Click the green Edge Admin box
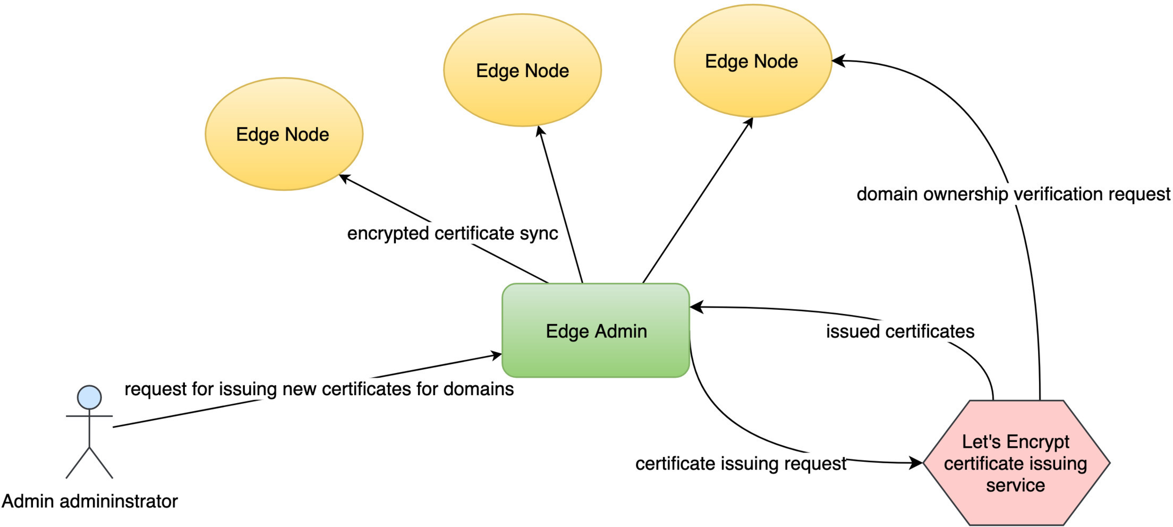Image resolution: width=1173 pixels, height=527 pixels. coord(596,331)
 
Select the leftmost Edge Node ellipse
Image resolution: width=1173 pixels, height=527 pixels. coord(284,134)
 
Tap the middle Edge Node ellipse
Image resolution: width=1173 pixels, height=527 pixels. coord(522,71)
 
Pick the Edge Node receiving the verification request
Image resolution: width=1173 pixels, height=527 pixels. coord(752,61)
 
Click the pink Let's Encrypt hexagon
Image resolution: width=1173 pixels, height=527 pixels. coord(1016,463)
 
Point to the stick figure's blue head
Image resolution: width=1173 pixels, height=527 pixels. coord(89,397)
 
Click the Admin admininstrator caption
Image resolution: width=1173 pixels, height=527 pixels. coord(89,501)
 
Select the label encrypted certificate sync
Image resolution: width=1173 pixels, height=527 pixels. coord(452,233)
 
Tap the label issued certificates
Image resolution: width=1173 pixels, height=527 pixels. coord(900,331)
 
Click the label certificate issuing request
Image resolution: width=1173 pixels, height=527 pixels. coord(741,463)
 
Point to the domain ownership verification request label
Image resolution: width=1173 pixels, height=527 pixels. coord(1013,194)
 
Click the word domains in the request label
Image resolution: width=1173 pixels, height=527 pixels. coord(478,389)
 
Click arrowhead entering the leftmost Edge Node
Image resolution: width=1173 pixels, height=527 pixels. coord(344,177)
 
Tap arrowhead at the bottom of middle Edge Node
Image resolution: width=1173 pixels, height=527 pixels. coord(540,131)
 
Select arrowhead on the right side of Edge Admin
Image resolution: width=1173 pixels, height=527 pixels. coord(696,307)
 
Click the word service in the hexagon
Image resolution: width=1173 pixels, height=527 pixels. coord(1015,485)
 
